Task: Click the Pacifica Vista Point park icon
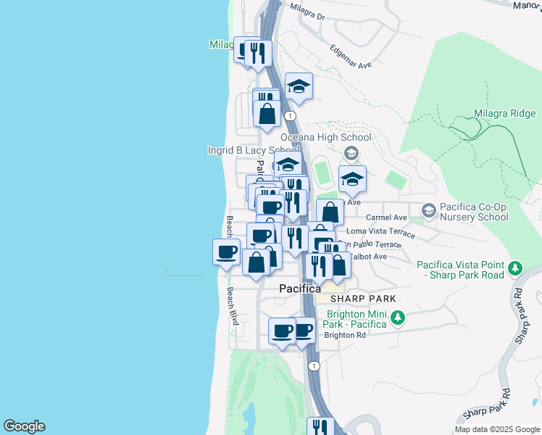coord(515,268)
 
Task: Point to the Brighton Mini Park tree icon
coord(397,318)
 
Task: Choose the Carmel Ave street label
coord(386,217)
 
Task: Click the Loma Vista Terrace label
coord(380,232)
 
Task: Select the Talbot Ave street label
coord(370,256)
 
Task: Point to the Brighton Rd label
coord(344,335)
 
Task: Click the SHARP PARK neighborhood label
coord(363,299)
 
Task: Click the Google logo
coord(24,426)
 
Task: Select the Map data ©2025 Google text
coord(496,429)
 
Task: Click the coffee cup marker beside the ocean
coord(226,252)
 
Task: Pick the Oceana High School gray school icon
coord(351,152)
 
